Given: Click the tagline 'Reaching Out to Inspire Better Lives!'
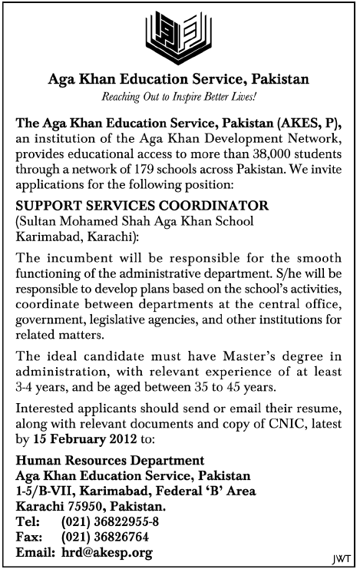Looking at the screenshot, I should click(180, 97).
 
